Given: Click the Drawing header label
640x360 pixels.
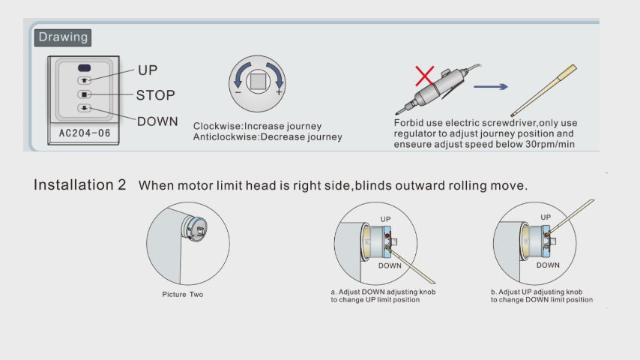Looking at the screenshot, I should [x=63, y=37].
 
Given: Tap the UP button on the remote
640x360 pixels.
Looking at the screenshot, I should [x=85, y=79].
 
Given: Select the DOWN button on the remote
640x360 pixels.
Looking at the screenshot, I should [x=85, y=108].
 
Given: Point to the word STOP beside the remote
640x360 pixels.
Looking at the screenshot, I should [x=155, y=95].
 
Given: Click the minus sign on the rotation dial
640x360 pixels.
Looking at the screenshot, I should [x=238, y=92].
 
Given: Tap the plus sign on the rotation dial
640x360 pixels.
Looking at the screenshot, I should [x=278, y=92].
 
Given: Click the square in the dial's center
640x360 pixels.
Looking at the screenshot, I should [x=258, y=79].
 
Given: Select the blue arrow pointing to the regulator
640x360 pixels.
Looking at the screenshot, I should [x=491, y=86].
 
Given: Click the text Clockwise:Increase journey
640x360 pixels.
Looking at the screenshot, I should [x=257, y=126].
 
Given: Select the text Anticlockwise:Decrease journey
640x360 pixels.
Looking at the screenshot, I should [x=268, y=136].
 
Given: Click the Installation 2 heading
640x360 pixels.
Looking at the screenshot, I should [x=79, y=184].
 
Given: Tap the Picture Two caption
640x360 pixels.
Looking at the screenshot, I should [x=182, y=294].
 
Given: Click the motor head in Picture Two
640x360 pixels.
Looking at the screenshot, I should [x=199, y=228].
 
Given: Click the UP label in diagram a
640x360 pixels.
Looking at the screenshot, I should [x=385, y=219].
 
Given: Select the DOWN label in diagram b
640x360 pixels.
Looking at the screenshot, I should [x=548, y=265].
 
